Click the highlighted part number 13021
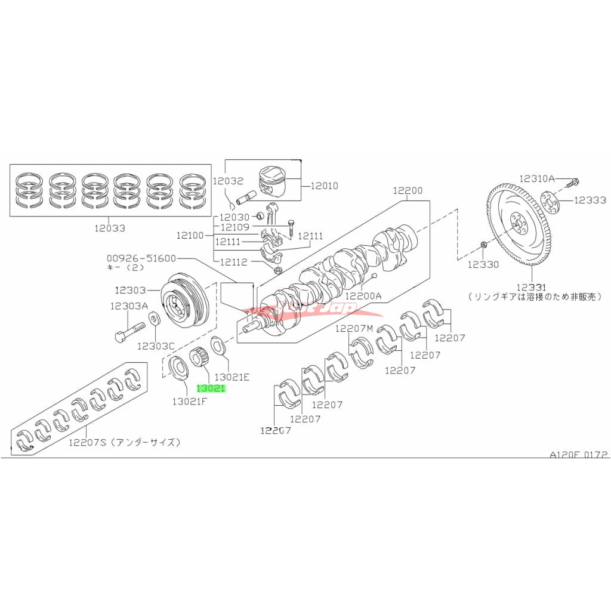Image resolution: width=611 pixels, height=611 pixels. (x=212, y=388)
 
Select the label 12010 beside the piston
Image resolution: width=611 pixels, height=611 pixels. (x=323, y=186)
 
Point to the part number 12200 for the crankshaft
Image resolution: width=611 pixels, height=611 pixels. (x=408, y=191)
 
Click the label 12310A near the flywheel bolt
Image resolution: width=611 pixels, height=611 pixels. (x=536, y=178)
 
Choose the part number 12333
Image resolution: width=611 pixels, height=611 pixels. (x=590, y=200)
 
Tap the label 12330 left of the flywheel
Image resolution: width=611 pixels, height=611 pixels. (x=483, y=264)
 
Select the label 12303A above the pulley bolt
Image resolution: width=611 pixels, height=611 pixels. (x=128, y=306)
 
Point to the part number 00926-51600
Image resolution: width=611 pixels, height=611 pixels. (x=141, y=258)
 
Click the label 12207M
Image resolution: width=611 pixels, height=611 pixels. (x=353, y=329)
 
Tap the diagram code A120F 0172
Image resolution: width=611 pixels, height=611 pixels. (x=578, y=454)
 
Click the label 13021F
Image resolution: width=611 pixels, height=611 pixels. (x=190, y=402)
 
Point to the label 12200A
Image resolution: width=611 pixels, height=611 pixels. (x=363, y=295)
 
